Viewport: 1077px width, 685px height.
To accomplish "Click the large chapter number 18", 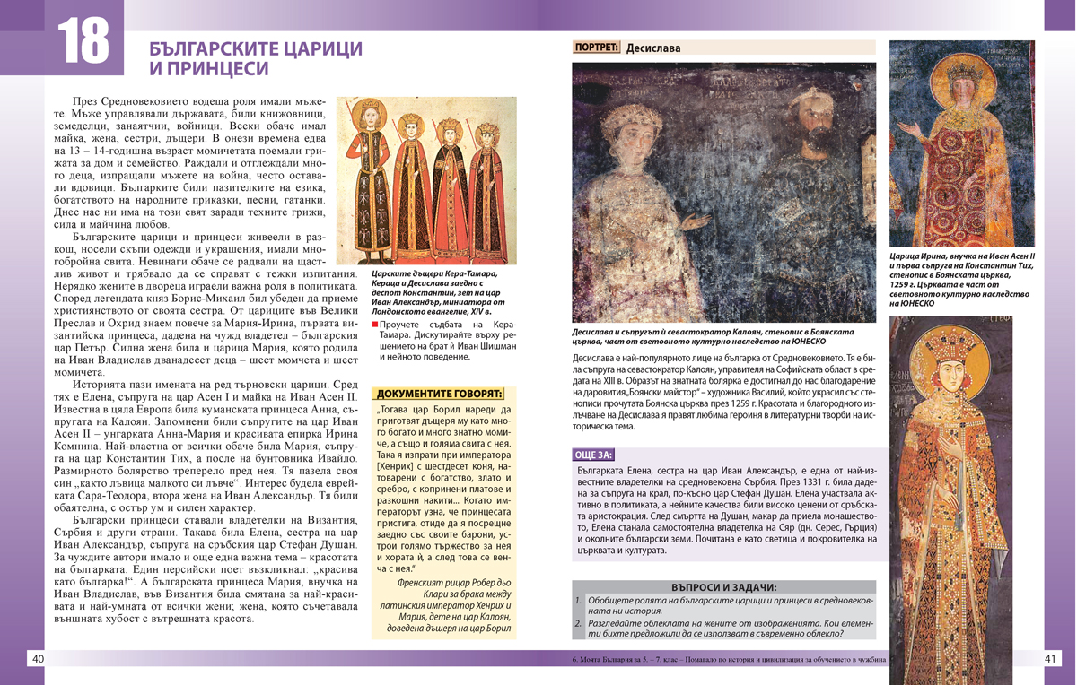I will (x=83, y=41).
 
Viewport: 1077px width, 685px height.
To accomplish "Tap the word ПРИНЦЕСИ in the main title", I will (x=208, y=68).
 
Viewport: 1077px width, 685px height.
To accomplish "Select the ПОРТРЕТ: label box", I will (x=596, y=48).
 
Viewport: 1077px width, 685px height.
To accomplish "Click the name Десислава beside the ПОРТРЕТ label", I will (x=653, y=48).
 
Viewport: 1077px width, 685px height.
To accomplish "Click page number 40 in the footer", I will (x=38, y=659).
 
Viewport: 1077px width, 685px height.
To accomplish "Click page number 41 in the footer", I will (x=1053, y=659).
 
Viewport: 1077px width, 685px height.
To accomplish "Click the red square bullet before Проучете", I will (x=375, y=324).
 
